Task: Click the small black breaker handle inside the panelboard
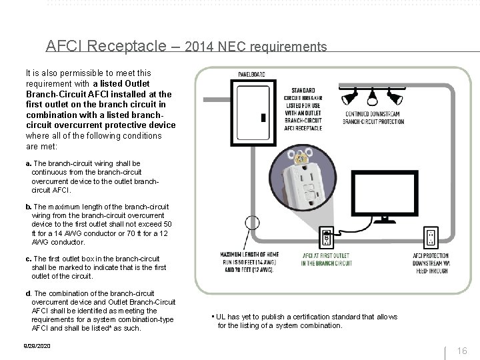(x=264, y=117)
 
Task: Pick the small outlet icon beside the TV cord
(x=327, y=238)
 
